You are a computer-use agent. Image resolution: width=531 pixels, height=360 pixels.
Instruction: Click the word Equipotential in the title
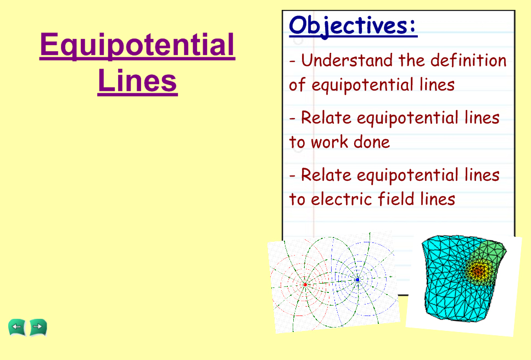137,46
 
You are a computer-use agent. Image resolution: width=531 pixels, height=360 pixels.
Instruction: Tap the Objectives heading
353,26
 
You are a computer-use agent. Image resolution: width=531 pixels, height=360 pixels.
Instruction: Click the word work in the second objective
329,142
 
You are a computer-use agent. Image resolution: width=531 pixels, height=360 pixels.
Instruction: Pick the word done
372,142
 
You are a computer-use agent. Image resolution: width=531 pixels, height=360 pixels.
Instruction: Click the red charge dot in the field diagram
305,285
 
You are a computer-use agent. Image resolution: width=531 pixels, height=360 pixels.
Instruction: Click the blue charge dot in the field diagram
357,280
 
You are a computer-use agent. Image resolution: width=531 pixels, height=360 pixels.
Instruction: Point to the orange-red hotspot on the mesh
478,270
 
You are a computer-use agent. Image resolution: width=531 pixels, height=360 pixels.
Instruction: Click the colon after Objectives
412,26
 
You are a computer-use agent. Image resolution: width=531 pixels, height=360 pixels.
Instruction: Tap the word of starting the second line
297,85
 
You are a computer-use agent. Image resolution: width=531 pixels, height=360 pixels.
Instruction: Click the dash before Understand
293,62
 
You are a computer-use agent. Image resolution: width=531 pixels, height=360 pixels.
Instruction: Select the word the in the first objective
411,60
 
